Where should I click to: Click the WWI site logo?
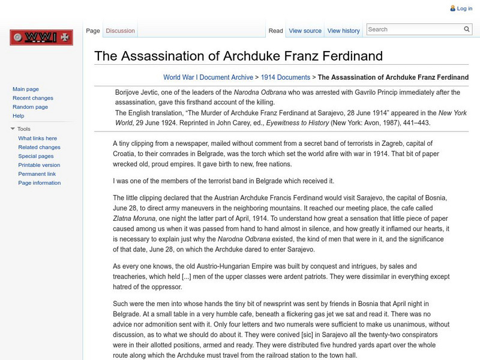click(x=41, y=38)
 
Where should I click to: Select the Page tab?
click(x=93, y=31)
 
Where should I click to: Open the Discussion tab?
click(x=120, y=31)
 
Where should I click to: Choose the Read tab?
click(x=275, y=31)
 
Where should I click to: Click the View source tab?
click(x=305, y=31)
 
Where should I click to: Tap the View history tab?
click(x=344, y=31)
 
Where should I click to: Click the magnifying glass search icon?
click(x=467, y=29)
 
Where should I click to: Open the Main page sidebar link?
click(x=26, y=89)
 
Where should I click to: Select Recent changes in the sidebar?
click(x=33, y=98)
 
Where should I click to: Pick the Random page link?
click(x=30, y=107)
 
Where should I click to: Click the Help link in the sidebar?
click(x=19, y=116)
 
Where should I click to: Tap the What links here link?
click(x=38, y=138)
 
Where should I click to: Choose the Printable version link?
click(x=39, y=165)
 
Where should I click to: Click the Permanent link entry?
click(x=37, y=174)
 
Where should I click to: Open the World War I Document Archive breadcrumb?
click(x=208, y=77)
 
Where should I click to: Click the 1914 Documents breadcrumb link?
click(x=286, y=77)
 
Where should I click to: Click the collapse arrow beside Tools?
click(x=13, y=129)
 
